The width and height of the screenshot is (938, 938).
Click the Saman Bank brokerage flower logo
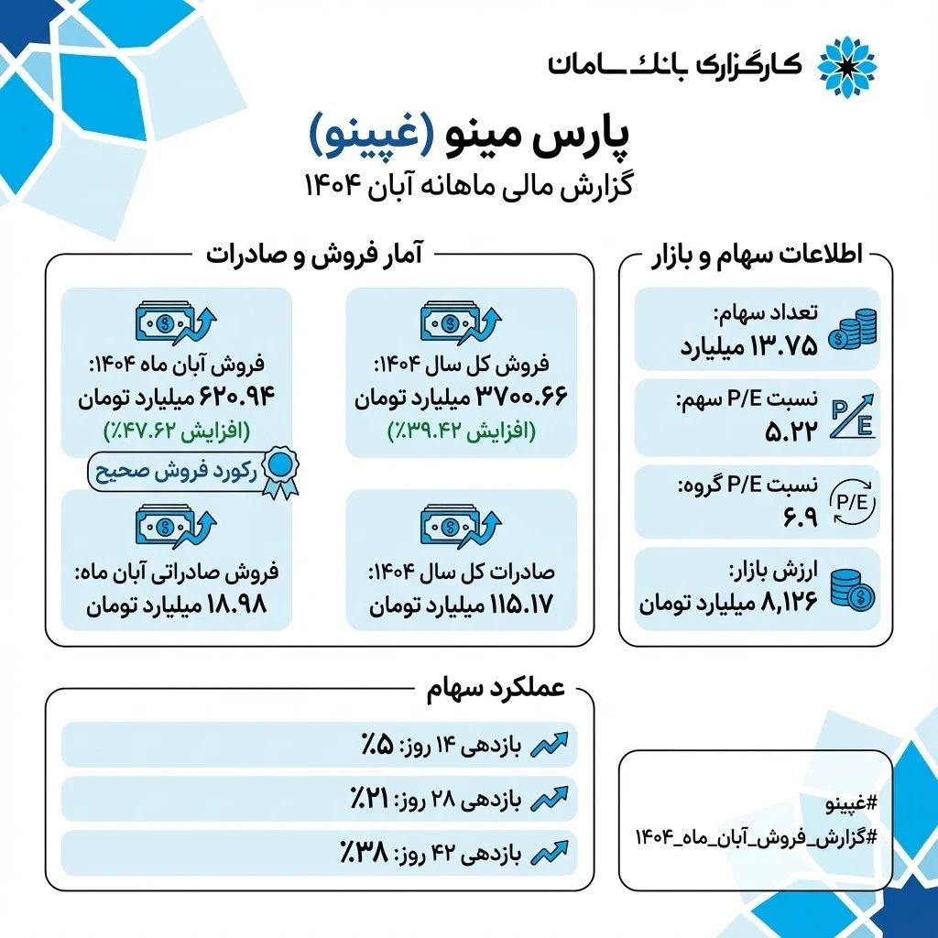point(845,66)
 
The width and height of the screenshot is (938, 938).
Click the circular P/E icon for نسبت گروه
point(852,500)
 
